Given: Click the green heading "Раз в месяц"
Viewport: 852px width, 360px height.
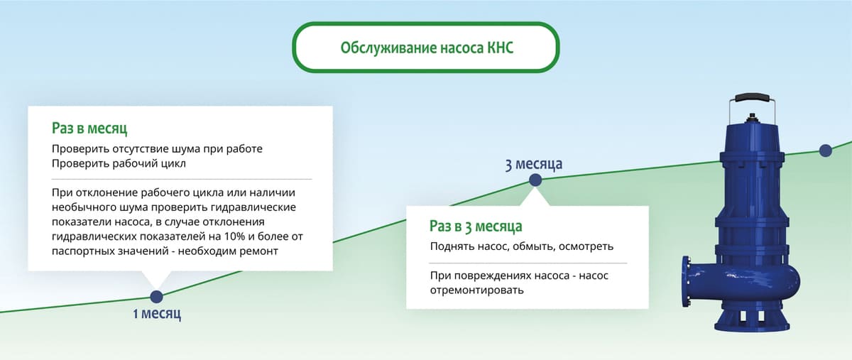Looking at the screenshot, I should [x=89, y=129].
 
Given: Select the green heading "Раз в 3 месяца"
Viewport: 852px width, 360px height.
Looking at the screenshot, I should [x=476, y=227].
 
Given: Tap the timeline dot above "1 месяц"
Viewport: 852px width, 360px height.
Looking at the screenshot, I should [x=156, y=297].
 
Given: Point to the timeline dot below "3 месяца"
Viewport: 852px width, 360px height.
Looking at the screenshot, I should [x=535, y=180].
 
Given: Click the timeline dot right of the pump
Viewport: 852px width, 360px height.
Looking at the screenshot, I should [x=825, y=150].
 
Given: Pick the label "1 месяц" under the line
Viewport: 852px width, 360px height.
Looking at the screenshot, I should [x=157, y=314].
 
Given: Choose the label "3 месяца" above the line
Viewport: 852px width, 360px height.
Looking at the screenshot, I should [x=533, y=165].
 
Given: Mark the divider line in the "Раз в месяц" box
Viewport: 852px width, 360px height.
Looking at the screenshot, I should [x=181, y=178].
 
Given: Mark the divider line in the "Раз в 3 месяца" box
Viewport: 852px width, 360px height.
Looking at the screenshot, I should [x=528, y=263].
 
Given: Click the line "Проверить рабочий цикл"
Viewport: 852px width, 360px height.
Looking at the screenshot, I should [x=119, y=164].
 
